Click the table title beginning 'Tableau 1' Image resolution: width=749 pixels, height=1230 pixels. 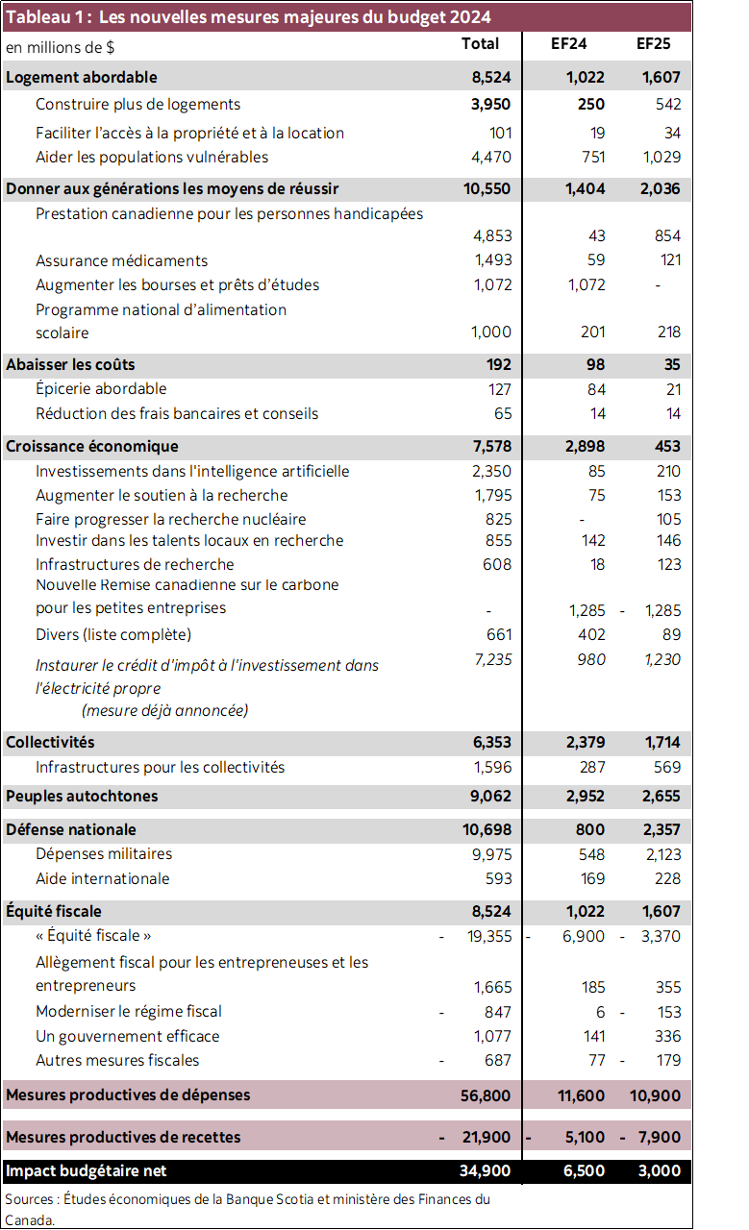[x=248, y=17]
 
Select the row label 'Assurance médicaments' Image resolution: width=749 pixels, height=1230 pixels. [x=121, y=260]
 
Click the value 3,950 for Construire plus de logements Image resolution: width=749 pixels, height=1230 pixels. [x=490, y=104]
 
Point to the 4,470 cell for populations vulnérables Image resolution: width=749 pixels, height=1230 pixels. [x=491, y=157]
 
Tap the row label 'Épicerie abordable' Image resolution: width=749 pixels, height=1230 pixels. [x=101, y=389]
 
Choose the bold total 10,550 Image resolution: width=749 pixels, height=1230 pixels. [x=487, y=189]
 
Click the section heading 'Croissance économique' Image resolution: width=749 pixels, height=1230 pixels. [x=92, y=447]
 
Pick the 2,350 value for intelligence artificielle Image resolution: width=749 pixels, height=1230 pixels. [x=491, y=472]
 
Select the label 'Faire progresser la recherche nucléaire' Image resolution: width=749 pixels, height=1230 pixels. [x=170, y=519]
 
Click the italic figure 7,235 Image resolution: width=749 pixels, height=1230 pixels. [x=491, y=658]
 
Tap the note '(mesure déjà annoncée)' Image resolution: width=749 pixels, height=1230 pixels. [x=164, y=711]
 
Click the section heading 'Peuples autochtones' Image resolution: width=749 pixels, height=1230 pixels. [x=82, y=797]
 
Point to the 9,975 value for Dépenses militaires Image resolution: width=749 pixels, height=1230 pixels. [x=491, y=854]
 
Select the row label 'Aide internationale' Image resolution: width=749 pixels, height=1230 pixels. [x=102, y=879]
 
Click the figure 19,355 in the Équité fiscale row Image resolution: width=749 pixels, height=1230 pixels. [x=489, y=936]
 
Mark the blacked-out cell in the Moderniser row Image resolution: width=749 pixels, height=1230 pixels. [x=567, y=1012]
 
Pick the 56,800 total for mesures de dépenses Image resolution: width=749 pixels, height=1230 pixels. [x=486, y=1095]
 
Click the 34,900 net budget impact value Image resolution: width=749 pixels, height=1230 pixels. [x=486, y=1171]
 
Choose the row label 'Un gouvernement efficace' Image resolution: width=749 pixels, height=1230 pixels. [x=127, y=1037]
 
